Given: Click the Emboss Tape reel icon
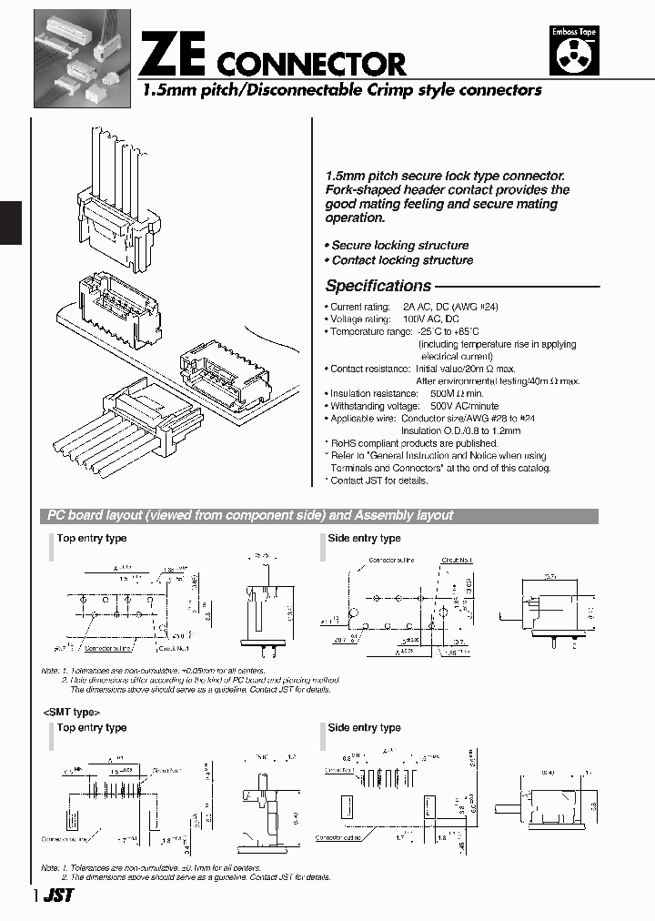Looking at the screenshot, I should point(575,52).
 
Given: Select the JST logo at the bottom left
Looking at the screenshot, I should point(57,896).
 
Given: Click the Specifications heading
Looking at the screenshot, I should point(378,286).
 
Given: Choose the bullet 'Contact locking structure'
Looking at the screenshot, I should point(401,260).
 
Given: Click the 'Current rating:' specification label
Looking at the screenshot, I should point(359,308).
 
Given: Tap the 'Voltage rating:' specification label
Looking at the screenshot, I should point(360,319).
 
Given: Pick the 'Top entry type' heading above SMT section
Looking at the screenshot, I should point(92,727).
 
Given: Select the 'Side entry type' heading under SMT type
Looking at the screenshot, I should point(364,727).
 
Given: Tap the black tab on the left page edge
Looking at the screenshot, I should point(10,222).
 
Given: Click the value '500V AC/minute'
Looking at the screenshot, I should point(465,406).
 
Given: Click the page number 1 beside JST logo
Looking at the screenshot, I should point(35,896).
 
